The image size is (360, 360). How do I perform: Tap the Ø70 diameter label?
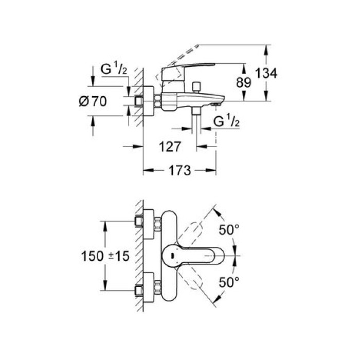[93, 102]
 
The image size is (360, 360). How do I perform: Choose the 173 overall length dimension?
[178, 170]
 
